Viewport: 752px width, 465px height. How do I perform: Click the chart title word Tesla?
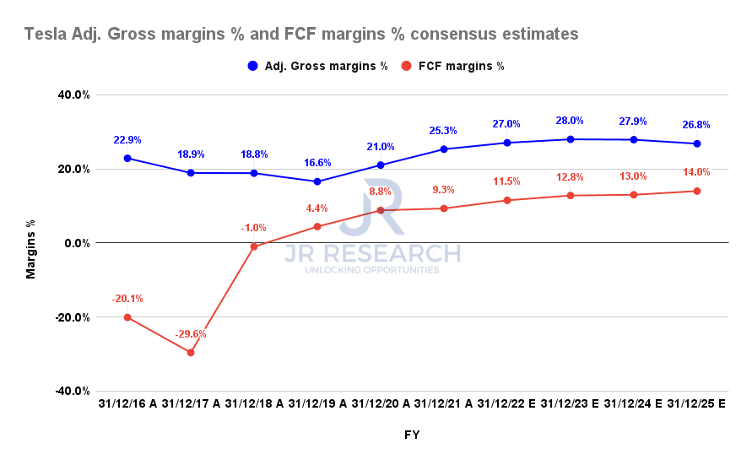click(44, 35)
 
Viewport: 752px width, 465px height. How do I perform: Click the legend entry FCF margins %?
click(453, 67)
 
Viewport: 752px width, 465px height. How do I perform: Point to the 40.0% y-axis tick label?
click(73, 95)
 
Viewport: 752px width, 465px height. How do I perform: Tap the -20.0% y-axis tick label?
click(72, 317)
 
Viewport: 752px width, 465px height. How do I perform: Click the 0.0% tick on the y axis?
click(77, 243)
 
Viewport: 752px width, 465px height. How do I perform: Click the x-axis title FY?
click(411, 435)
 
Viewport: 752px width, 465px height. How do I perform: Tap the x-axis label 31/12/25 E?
click(697, 405)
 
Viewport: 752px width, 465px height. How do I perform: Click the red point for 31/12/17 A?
click(191, 353)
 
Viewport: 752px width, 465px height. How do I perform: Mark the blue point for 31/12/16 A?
click(127, 158)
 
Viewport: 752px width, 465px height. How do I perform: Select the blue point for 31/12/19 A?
click(317, 181)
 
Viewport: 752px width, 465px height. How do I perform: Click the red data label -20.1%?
click(127, 299)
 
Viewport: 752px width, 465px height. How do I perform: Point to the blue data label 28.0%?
click(571, 121)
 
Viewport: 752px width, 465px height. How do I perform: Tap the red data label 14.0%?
click(697, 172)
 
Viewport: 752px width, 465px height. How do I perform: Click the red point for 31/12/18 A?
click(254, 246)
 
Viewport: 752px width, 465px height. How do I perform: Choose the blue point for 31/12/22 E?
click(507, 143)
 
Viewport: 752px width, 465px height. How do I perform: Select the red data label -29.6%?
click(191, 334)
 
